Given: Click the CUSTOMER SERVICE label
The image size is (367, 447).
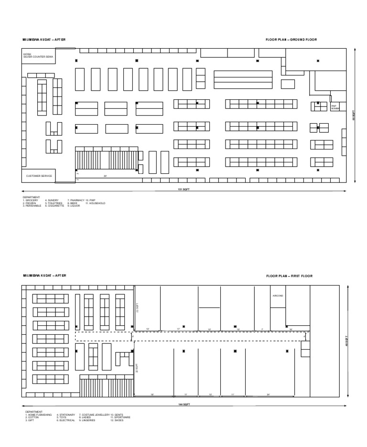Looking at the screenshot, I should click(39, 176).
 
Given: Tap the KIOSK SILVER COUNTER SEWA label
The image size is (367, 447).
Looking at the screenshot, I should click(39, 56).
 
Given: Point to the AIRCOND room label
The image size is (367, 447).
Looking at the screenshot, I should click(278, 296).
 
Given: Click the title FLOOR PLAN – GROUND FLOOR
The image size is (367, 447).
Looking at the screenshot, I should click(291, 40).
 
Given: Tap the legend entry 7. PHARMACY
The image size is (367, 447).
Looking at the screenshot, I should click(76, 200).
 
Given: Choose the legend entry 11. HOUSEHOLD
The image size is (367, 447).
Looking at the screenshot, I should click(96, 203).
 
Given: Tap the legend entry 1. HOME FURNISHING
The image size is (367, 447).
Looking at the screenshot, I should click(38, 415).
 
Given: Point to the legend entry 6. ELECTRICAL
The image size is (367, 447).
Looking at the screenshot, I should click(65, 420).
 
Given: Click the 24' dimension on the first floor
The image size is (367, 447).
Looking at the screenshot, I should click(269, 394).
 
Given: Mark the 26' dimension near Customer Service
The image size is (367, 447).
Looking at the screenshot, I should click(105, 176).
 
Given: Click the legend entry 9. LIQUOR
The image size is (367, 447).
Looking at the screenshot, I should click(76, 205).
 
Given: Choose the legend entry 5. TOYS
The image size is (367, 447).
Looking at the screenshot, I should click(62, 417).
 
